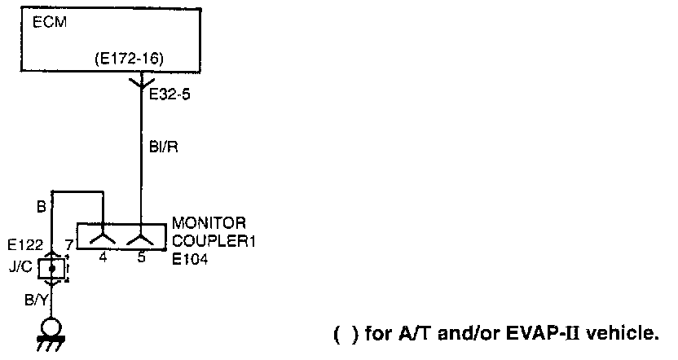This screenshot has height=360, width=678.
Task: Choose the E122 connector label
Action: [24, 244]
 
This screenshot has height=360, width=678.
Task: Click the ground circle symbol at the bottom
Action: [52, 326]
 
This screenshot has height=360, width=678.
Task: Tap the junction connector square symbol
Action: [51, 266]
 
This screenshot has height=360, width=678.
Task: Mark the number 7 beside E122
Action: [70, 244]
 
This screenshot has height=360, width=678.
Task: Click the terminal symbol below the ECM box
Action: [142, 82]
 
